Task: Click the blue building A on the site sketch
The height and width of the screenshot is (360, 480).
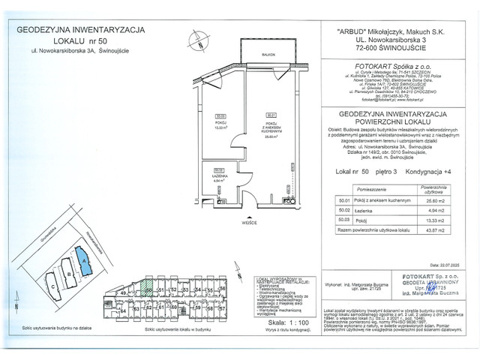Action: click(x=85, y=260)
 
